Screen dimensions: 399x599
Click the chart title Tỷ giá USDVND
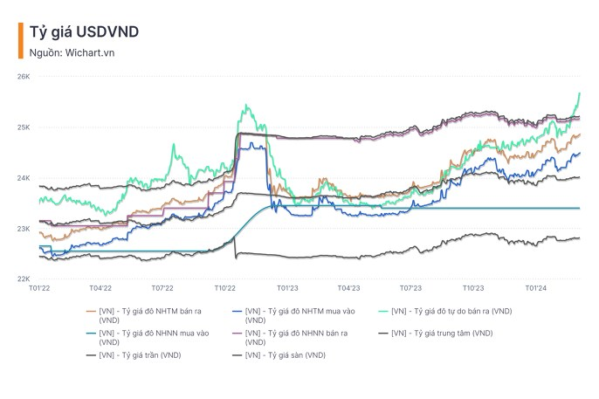[x=84, y=32]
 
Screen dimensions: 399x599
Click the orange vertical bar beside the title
[x=20, y=40]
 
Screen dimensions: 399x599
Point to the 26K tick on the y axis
[x=24, y=77]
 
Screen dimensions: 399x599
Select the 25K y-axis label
[x=24, y=127]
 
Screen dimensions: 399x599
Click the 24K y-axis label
[x=24, y=178]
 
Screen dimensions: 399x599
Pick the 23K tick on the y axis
[x=24, y=229]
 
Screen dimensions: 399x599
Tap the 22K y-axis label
[x=24, y=279]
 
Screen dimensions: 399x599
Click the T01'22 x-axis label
[x=39, y=287]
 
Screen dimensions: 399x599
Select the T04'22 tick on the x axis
[x=101, y=287]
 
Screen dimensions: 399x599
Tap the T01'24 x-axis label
[x=535, y=287]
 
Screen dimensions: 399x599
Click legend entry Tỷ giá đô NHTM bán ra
[x=148, y=312]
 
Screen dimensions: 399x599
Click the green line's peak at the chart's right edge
[x=580, y=93]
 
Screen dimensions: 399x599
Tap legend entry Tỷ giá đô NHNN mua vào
[x=148, y=334]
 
